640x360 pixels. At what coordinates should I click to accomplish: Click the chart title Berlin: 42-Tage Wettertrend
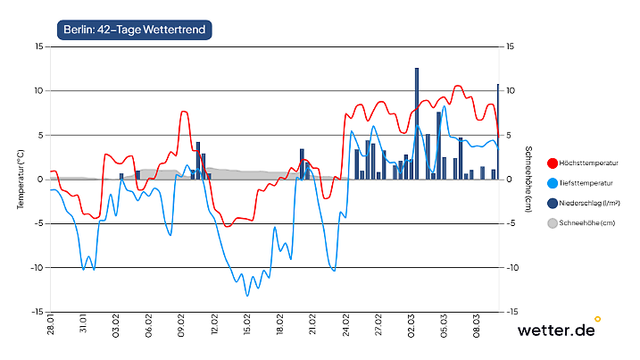point(134,29)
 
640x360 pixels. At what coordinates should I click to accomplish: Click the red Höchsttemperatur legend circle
point(552,163)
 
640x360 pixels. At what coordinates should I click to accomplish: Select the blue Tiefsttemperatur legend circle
point(552,182)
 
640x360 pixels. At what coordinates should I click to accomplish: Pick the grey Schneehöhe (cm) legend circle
point(552,223)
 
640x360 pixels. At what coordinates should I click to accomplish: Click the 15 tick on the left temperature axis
point(38,46)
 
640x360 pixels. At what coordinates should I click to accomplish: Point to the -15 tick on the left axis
point(37,312)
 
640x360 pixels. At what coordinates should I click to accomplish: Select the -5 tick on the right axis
point(511,223)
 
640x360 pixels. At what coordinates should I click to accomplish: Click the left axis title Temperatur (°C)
point(20,180)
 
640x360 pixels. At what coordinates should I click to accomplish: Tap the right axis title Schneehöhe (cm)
point(528,180)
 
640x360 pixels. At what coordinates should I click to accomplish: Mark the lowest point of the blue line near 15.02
point(247,295)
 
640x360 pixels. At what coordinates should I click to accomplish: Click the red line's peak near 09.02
point(184,112)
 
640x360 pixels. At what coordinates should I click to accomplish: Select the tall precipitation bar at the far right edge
point(497,131)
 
